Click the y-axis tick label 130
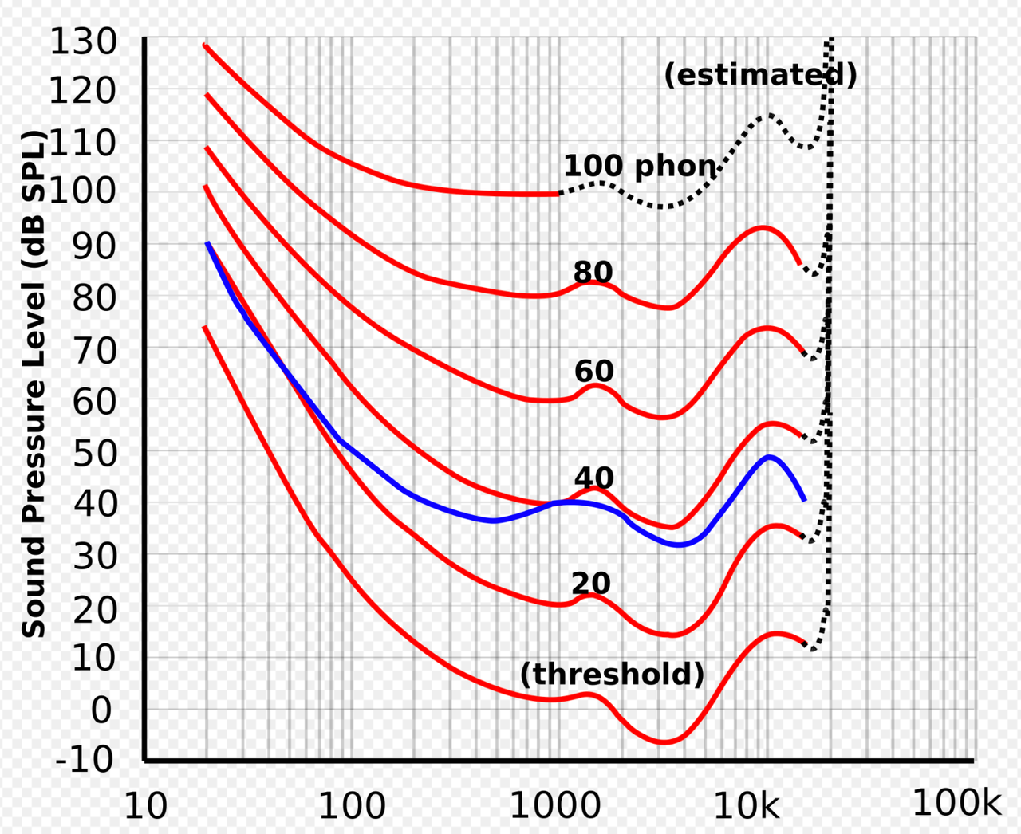pos(84,41)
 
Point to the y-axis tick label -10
pos(85,758)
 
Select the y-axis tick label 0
pos(101,710)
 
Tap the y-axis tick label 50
pos(95,453)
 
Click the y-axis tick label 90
pos(95,246)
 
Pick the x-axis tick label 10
pos(146,807)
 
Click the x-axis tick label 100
pos(352,807)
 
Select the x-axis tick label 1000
pos(555,807)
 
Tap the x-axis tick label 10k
pos(747,807)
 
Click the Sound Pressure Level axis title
pos(34,383)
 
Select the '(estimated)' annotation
pos(760,75)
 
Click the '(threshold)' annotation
pos(612,675)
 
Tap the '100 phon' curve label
pos(640,166)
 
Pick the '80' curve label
pos(593,273)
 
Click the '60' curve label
pos(594,372)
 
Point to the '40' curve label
pos(594,478)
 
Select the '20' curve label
pos(591,584)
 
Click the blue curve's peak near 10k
pos(769,457)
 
